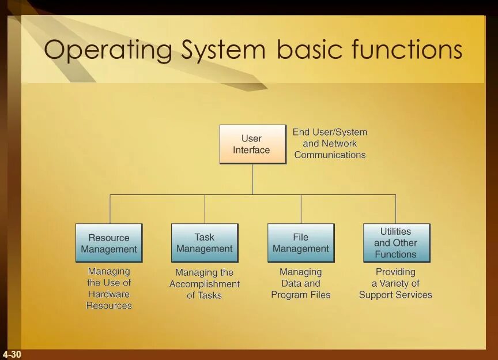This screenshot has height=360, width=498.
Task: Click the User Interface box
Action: click(x=252, y=144)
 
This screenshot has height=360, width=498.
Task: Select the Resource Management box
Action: click(x=108, y=243)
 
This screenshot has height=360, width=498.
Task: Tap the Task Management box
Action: click(x=204, y=243)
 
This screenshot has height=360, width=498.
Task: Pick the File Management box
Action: click(x=300, y=243)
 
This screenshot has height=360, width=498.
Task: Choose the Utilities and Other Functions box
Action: click(x=396, y=243)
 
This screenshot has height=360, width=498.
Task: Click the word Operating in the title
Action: click(x=107, y=50)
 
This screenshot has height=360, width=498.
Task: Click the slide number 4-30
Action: click(x=12, y=354)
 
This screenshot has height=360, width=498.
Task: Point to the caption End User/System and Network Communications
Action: click(x=330, y=144)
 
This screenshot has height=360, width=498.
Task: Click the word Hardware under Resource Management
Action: click(x=109, y=294)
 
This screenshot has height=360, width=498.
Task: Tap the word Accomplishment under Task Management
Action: click(x=205, y=284)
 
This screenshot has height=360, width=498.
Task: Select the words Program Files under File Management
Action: click(x=301, y=295)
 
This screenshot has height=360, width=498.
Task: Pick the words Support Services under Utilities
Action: click(x=395, y=295)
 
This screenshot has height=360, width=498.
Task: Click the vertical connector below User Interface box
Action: click(x=252, y=179)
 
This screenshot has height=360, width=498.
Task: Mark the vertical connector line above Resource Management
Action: click(x=110, y=209)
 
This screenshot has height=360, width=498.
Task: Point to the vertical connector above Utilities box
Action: click(x=395, y=209)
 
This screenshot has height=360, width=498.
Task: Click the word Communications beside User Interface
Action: click(x=330, y=155)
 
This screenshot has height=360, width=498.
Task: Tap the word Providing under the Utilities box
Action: click(x=395, y=272)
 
